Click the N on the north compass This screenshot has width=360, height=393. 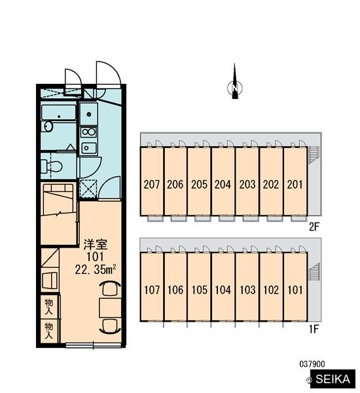tap(235, 88)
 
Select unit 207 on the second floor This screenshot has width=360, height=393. tap(152, 181)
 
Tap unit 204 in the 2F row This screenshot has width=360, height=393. tap(223, 181)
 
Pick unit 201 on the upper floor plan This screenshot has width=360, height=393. tap(295, 181)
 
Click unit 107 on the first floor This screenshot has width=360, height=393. tap(152, 287)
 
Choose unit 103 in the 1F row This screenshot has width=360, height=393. tap(247, 287)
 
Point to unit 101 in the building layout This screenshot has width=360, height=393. tap(295, 287)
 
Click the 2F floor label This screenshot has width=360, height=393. tap(314, 227)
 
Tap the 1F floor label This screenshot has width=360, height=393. tap(314, 329)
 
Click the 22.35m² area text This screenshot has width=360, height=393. tap(96, 269)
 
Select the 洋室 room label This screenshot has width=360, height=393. tap(96, 244)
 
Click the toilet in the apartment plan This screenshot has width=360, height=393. tap(51, 166)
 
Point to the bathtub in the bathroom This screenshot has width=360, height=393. tap(59, 113)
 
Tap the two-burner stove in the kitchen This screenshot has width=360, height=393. tap(88, 132)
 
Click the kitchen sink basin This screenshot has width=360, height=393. tap(88, 148)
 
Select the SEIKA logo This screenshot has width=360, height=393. tap(333, 379)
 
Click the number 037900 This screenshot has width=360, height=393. tap(312, 364)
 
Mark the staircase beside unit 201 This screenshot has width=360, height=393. tap(314, 155)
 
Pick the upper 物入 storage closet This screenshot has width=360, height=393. tap(49, 307)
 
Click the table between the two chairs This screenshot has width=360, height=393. tap(110, 308)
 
